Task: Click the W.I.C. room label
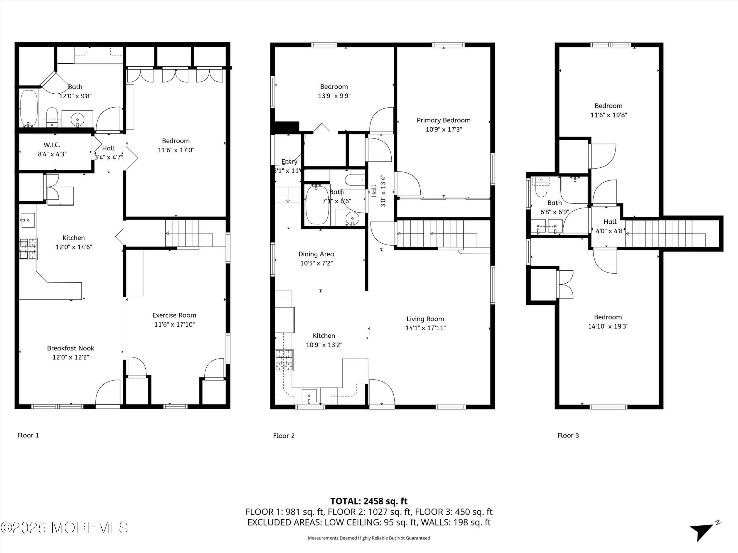[52, 145]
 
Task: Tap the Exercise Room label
[174, 315]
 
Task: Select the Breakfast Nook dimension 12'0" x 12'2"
[71, 357]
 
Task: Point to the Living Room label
[425, 319]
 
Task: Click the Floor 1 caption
[28, 435]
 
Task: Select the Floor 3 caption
[568, 435]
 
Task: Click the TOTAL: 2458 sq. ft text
[369, 501]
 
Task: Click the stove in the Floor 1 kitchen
[28, 249]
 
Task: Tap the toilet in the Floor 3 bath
[541, 188]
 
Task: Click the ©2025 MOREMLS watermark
[64, 527]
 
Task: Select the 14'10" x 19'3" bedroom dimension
[608, 326]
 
